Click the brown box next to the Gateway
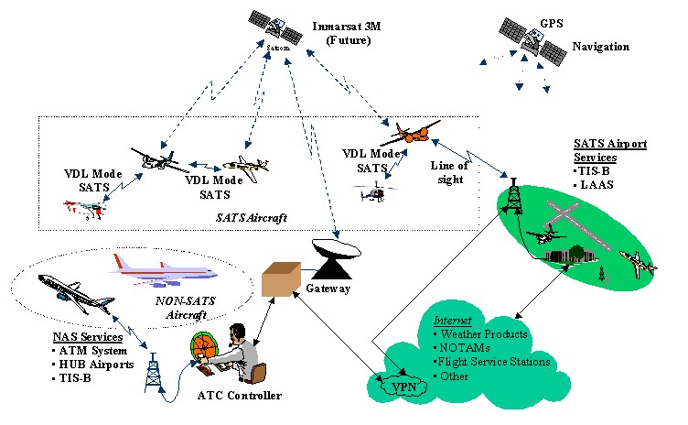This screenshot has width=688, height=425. point(281,278)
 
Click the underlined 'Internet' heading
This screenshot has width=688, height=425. point(453,321)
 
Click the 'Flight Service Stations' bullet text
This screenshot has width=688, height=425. point(495,362)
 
